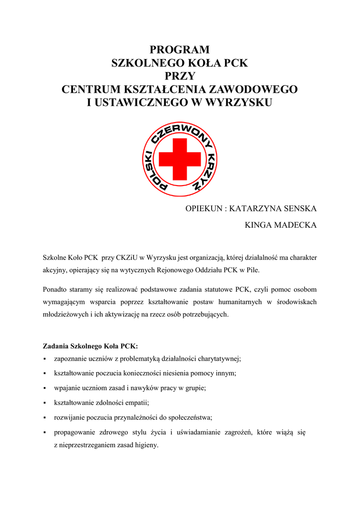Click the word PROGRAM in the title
[x=180, y=50]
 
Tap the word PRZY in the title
[x=180, y=76]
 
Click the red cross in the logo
[x=180, y=159]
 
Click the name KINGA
[x=261, y=225]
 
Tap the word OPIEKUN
[x=204, y=208]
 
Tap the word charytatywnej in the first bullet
[x=217, y=359]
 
